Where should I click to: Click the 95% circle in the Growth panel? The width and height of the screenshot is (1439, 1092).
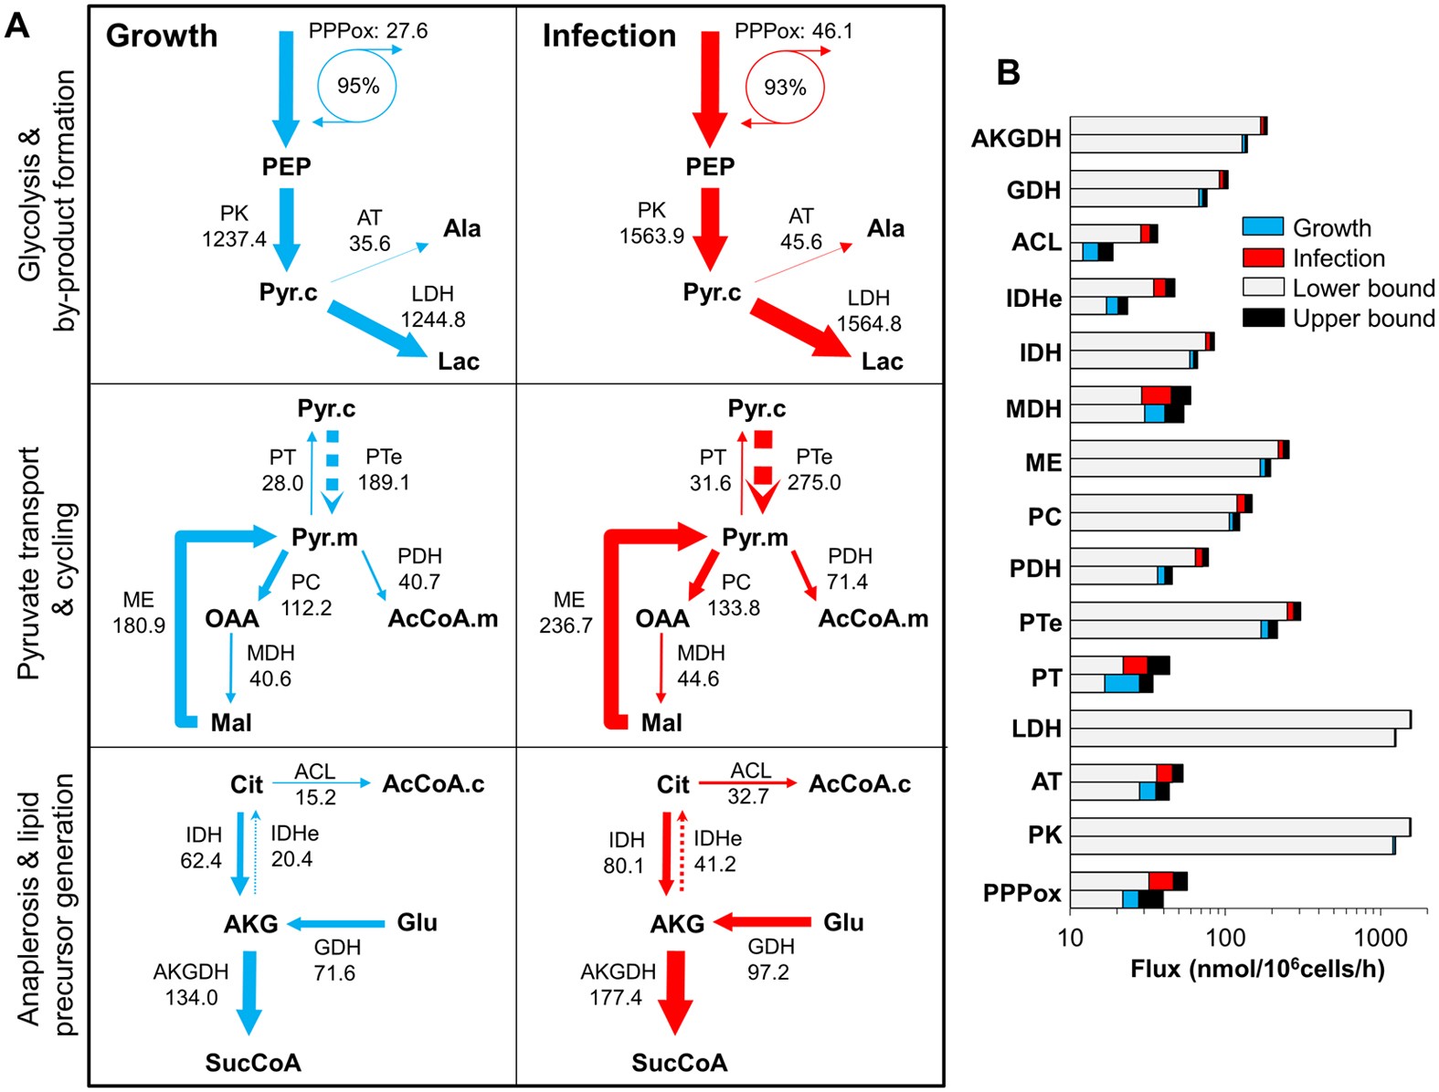pyautogui.click(x=357, y=86)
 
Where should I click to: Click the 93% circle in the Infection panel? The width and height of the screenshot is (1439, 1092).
pyautogui.click(x=785, y=88)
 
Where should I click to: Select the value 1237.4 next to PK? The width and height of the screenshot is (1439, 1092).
pyautogui.click(x=234, y=239)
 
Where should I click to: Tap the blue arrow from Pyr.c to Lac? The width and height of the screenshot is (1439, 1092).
pyautogui.click(x=376, y=330)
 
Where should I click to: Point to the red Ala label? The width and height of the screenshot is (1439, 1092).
pyautogui.click(x=885, y=228)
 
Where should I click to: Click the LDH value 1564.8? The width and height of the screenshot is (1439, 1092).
pyautogui.click(x=869, y=324)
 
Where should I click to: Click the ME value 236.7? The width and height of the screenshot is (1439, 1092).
pyautogui.click(x=566, y=625)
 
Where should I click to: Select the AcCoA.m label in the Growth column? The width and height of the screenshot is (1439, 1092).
pyautogui.click(x=443, y=619)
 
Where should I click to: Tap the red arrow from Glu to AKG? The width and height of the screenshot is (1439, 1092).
pyautogui.click(x=763, y=922)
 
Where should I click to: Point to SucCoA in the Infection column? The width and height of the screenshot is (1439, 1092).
pyautogui.click(x=680, y=1063)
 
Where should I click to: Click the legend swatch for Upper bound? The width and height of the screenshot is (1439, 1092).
pyautogui.click(x=1264, y=318)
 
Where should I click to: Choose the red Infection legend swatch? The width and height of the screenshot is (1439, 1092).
pyautogui.click(x=1264, y=257)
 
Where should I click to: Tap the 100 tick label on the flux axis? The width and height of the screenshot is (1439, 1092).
pyautogui.click(x=1224, y=939)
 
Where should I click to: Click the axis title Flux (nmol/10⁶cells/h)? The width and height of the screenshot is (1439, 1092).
pyautogui.click(x=1257, y=969)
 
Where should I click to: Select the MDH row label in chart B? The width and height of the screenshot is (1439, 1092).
pyautogui.click(x=1033, y=408)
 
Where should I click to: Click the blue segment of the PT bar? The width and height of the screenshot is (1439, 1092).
pyautogui.click(x=1121, y=683)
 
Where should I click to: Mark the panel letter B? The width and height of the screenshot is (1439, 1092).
pyautogui.click(x=1008, y=73)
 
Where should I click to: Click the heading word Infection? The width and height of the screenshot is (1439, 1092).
pyautogui.click(x=609, y=36)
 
